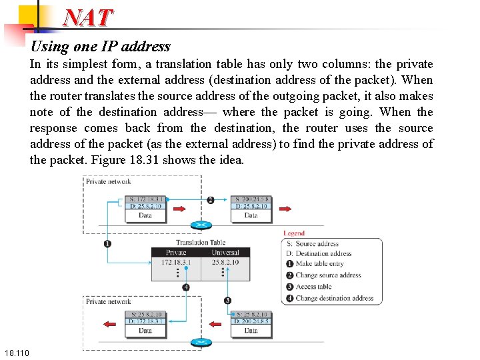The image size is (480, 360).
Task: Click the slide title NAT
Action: (x=88, y=17)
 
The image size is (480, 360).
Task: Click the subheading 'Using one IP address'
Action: (x=101, y=47)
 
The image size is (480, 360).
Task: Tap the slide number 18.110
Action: (x=15, y=352)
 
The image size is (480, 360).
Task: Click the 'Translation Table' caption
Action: (x=201, y=243)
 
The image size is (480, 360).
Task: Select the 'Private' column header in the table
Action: (x=176, y=253)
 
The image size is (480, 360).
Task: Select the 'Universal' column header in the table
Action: (x=225, y=253)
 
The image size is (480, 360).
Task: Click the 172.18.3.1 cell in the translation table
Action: (x=176, y=263)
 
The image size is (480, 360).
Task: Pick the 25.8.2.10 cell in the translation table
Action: (x=225, y=263)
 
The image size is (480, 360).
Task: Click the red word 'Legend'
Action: (x=294, y=233)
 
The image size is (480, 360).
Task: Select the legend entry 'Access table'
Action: (x=313, y=287)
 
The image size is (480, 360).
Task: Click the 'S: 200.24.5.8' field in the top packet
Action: (x=251, y=199)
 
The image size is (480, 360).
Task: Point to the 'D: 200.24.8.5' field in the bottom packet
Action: (x=251, y=321)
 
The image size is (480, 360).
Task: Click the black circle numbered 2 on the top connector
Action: (x=211, y=200)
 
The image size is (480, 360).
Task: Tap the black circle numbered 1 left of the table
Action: (x=107, y=243)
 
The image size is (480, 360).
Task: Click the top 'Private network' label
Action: (x=109, y=181)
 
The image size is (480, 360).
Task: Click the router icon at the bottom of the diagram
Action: (x=200, y=343)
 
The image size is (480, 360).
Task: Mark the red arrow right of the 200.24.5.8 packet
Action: (x=285, y=209)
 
